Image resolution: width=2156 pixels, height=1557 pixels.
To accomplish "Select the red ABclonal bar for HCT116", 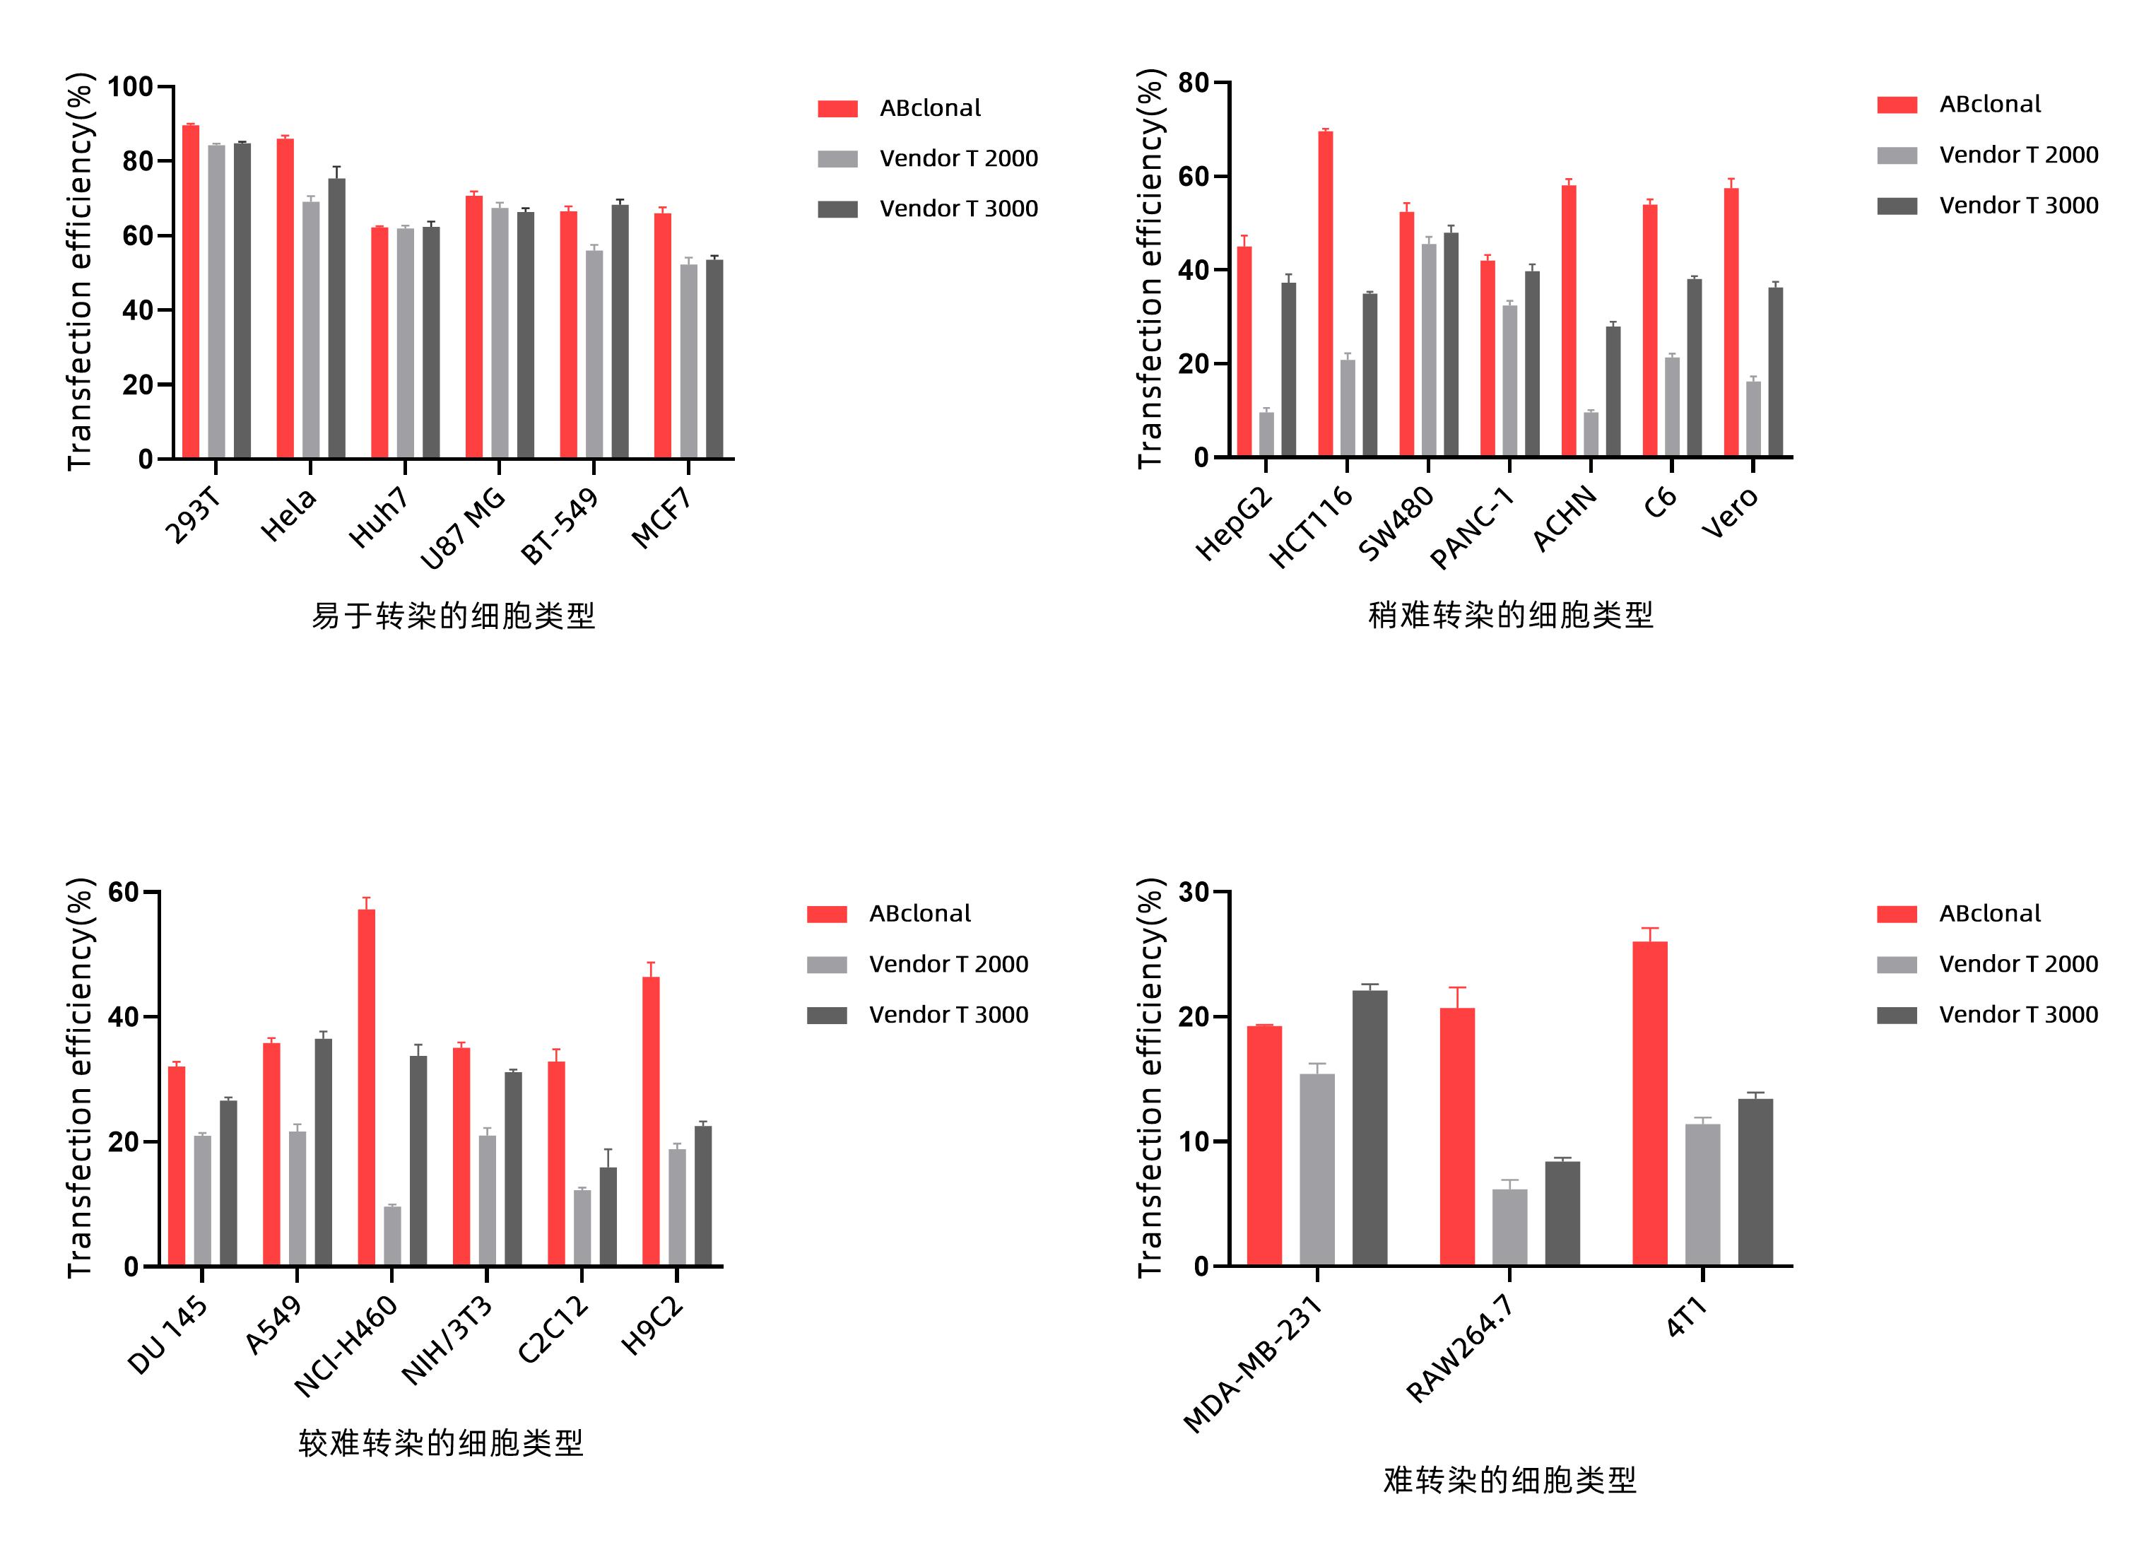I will [1325, 294].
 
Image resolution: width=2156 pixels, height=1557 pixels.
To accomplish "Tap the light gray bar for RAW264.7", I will [1509, 1226].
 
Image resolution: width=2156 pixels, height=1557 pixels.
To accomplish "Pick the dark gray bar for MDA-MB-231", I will [1369, 1127].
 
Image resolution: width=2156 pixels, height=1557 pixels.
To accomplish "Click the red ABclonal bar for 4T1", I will [1649, 1103].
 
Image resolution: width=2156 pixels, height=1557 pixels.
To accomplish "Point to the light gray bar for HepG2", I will [1266, 435].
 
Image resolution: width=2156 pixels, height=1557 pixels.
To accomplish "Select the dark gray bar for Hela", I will [336, 319].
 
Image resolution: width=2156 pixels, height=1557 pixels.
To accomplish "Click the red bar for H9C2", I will [650, 1121].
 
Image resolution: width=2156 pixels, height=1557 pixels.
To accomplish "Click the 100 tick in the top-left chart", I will [130, 88].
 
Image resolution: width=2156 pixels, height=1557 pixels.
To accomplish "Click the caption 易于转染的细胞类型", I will [454, 616].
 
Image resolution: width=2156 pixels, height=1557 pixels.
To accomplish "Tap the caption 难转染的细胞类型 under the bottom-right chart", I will [1509, 1479].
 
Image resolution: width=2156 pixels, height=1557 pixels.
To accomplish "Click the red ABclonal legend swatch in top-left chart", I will [837, 108].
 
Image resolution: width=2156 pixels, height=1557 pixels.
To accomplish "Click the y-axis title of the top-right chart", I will [1150, 269].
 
